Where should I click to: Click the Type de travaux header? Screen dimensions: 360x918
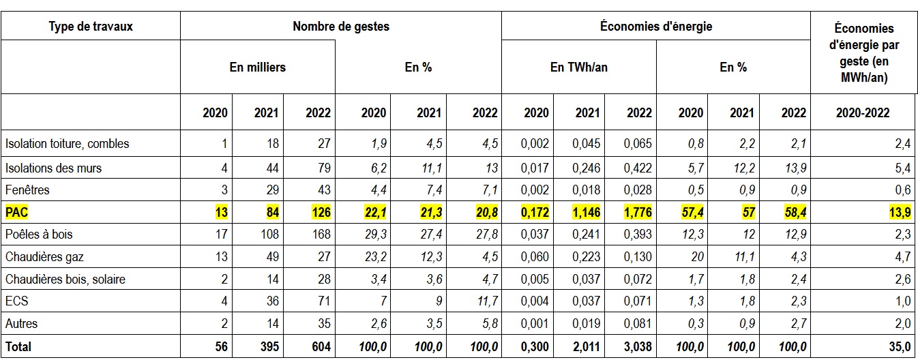coord(91,27)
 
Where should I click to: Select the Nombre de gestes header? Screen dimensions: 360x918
coord(341,27)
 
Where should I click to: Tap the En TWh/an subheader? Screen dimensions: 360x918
coord(578,67)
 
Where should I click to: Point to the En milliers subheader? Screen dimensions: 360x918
coord(258,67)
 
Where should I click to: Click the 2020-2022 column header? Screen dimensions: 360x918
coord(862,113)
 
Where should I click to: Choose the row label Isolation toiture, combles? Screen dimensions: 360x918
coord(67,144)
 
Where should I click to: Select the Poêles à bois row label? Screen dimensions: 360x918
coord(39,234)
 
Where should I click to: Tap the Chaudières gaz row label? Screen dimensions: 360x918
coord(44,256)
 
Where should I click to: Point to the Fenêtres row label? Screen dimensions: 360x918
coord(27,189)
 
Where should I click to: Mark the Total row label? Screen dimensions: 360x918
coord(18,347)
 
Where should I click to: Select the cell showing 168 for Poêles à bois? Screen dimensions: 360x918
coord(320,234)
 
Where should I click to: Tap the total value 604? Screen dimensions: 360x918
coord(320,347)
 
